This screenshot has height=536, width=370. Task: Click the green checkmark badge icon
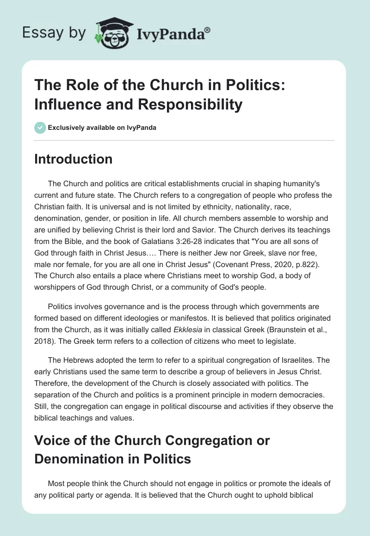[40, 128]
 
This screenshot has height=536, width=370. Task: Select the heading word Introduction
[74, 159]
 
